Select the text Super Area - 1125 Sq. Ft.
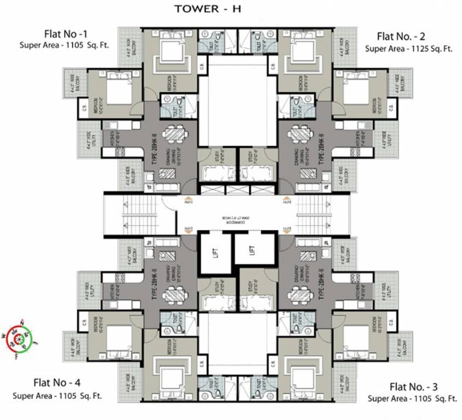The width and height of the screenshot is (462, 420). click(x=409, y=48)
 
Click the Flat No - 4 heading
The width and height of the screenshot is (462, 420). click(x=57, y=382)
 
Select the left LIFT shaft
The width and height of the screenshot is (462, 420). click(x=214, y=252)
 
